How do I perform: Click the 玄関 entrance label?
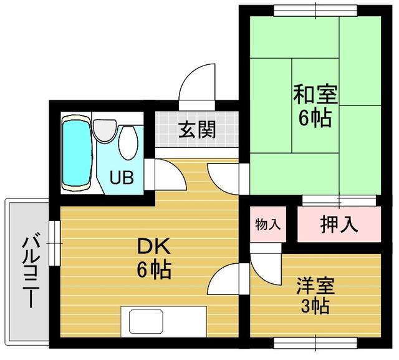(x=197, y=129)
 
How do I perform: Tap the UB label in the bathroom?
(x=122, y=177)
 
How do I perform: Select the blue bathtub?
(x=77, y=153)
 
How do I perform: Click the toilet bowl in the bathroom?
(x=128, y=143)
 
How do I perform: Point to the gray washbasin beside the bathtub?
(x=105, y=130)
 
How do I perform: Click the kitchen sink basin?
(x=146, y=321)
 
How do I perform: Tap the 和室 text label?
(x=315, y=94)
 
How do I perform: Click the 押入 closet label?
(x=339, y=224)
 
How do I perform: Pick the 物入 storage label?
(x=268, y=225)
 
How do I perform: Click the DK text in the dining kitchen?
(x=153, y=246)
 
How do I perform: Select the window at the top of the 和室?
(x=315, y=11)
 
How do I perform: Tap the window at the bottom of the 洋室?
(x=315, y=343)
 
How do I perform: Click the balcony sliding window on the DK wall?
(x=54, y=243)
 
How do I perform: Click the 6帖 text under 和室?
(x=315, y=118)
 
